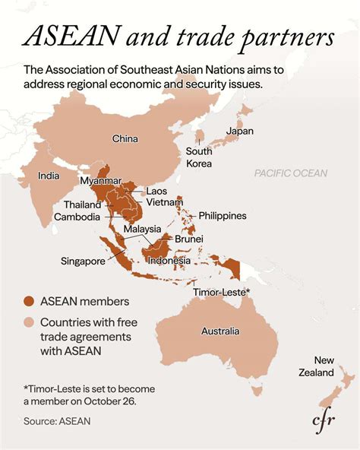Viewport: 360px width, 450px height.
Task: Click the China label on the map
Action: (x=125, y=139)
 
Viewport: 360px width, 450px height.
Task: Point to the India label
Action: (x=49, y=176)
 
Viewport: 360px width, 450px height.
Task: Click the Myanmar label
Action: (x=101, y=181)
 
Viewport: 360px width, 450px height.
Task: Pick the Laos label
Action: (x=156, y=191)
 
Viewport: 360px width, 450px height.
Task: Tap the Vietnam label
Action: (x=164, y=202)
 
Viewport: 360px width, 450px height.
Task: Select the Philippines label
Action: (x=223, y=216)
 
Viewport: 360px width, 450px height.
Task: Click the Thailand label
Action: (x=82, y=205)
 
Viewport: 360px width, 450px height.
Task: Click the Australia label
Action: (x=220, y=331)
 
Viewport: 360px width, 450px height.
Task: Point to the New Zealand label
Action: (x=315, y=366)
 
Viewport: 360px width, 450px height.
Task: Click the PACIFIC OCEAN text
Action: (x=291, y=173)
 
